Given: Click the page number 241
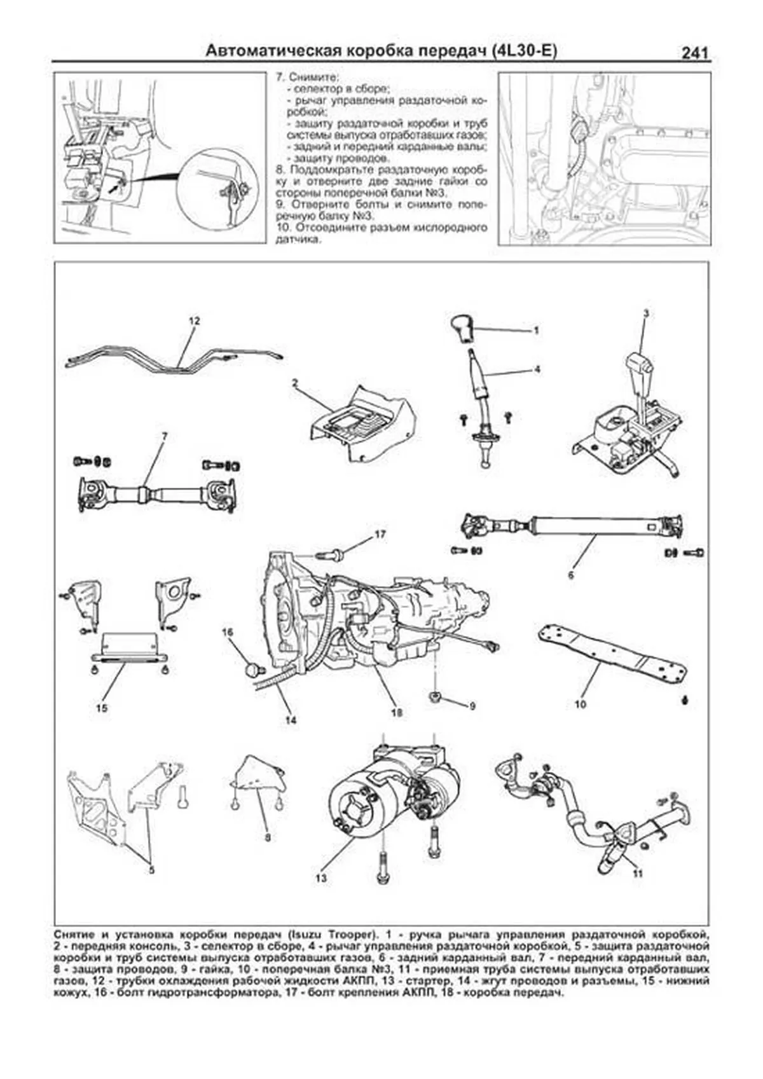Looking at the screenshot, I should point(694,53).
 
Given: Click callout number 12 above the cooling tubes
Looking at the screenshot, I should point(194,321).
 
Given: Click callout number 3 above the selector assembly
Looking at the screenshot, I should point(645,313).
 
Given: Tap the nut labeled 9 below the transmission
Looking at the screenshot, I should point(434,695).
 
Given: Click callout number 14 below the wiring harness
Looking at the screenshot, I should point(291,720).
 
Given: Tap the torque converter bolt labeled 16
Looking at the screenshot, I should point(252,668).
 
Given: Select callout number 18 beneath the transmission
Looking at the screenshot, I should point(396,713).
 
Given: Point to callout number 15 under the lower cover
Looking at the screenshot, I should point(101,708).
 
